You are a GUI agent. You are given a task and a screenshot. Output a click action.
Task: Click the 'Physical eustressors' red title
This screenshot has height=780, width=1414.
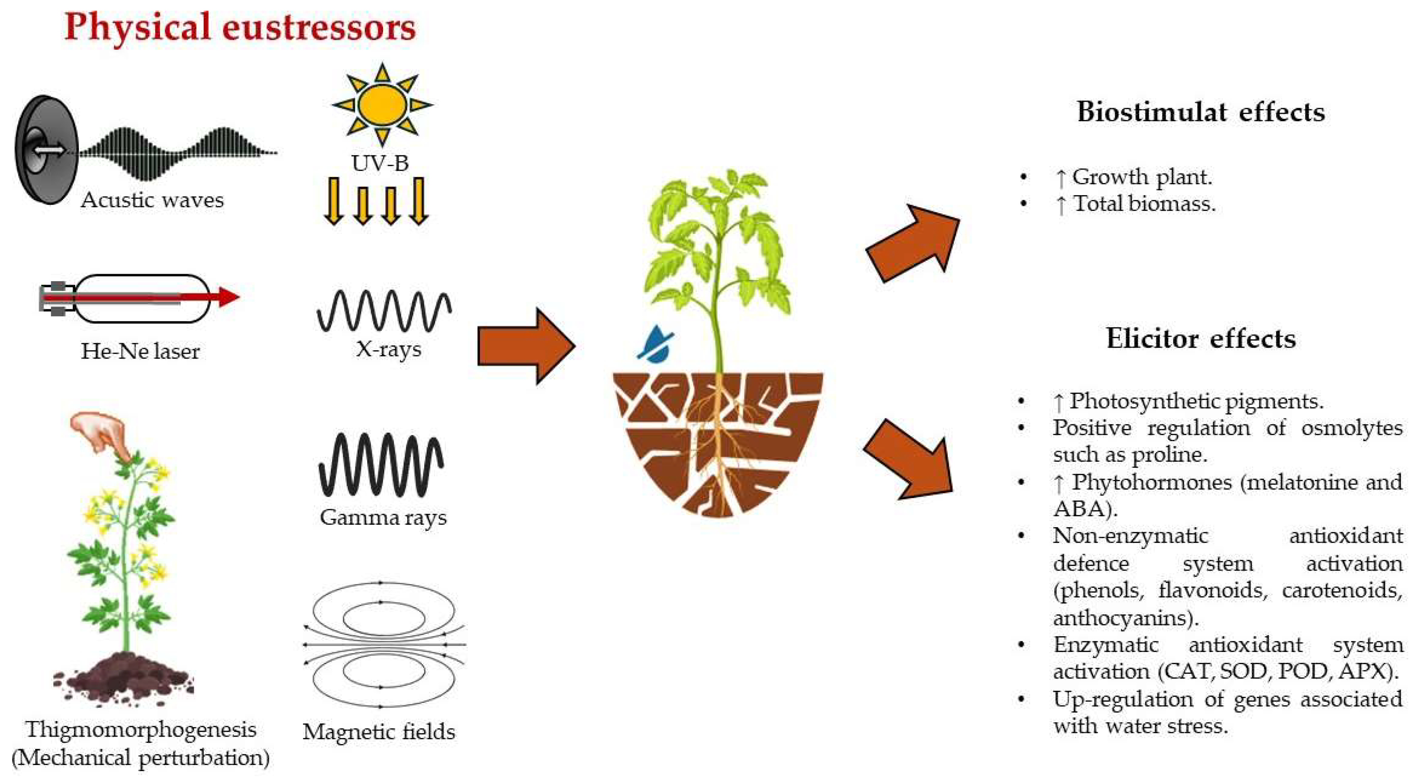(x=240, y=27)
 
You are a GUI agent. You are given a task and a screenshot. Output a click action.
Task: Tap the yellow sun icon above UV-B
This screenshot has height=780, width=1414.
(x=383, y=104)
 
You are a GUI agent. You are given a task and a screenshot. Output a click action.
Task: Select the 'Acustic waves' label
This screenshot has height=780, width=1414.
(x=152, y=200)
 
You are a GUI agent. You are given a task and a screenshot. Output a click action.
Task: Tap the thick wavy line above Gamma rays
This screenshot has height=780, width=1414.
(x=381, y=464)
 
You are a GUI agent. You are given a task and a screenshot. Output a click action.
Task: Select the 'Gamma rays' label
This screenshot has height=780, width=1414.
(x=383, y=517)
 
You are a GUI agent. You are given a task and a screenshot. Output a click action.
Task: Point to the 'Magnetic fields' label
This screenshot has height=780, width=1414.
(x=379, y=731)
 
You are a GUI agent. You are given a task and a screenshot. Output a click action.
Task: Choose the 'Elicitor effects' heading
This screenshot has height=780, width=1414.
(x=1200, y=338)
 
